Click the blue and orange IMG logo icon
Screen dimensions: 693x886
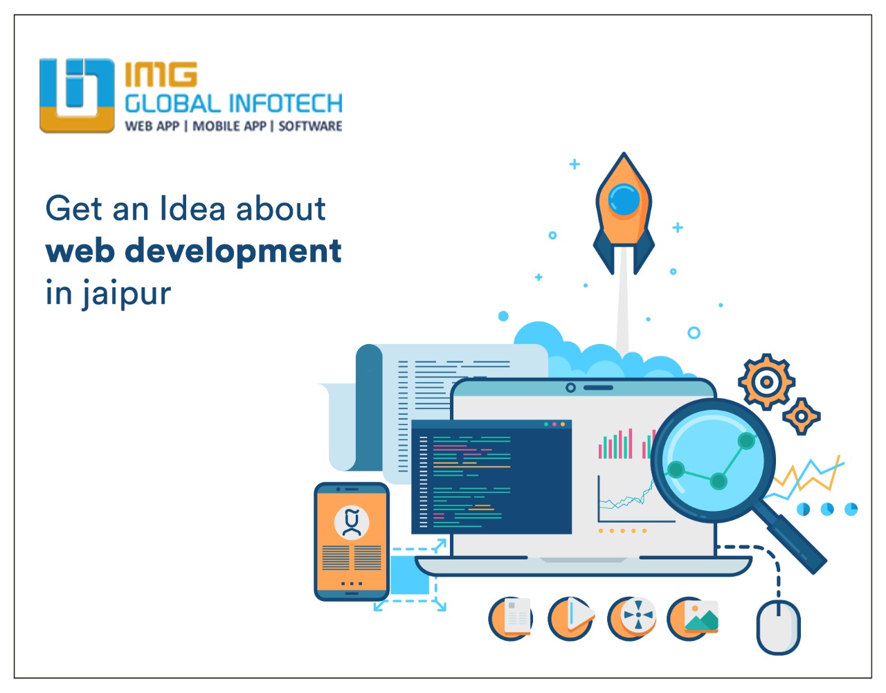(x=77, y=96)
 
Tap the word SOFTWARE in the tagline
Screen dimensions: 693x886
(x=310, y=126)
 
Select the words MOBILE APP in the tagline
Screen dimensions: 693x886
(x=229, y=126)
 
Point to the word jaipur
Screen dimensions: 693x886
(x=126, y=294)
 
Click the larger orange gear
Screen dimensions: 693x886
(x=766, y=381)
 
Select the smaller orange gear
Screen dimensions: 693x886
(x=802, y=416)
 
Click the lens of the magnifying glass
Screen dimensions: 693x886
(x=713, y=460)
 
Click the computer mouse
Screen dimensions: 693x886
(x=778, y=627)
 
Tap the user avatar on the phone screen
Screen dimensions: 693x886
(x=352, y=522)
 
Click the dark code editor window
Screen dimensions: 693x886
(x=491, y=477)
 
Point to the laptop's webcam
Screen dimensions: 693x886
(x=570, y=388)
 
